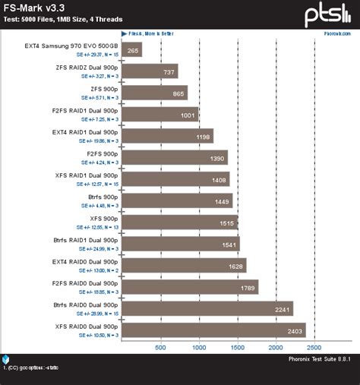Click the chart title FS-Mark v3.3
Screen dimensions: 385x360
(33, 8)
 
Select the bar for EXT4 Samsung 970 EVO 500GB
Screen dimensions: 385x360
(131, 50)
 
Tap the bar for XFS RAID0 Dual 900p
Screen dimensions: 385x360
(213, 330)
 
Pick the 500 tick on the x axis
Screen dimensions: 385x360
(160, 347)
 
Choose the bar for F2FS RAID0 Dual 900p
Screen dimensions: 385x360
(189, 286)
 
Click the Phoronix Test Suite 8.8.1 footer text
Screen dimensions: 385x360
(320, 359)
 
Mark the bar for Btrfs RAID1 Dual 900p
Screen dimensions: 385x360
(180, 244)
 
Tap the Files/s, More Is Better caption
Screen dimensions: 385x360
(152, 34)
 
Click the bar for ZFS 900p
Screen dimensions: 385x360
(154, 93)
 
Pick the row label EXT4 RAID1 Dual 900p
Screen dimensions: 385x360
(84, 132)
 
